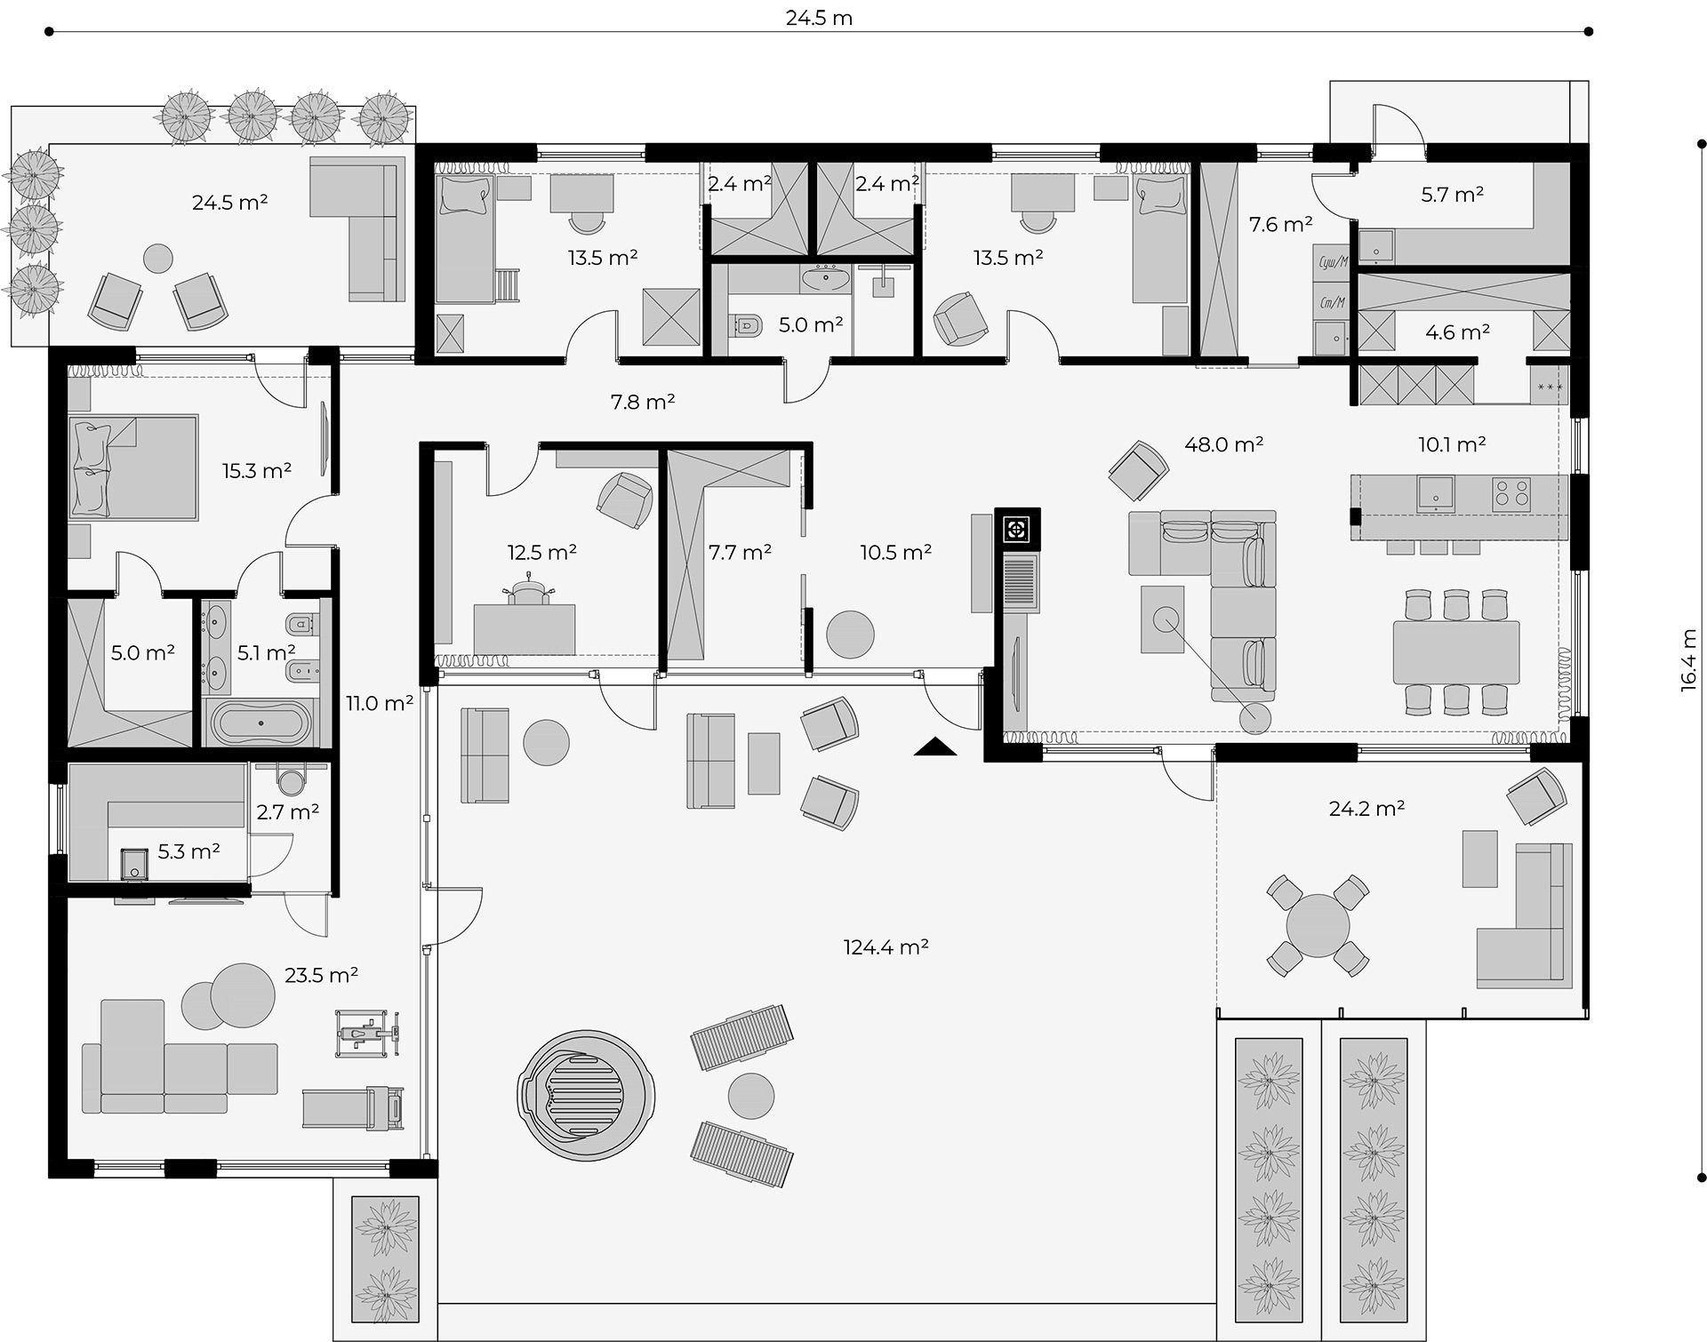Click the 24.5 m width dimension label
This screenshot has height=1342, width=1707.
(819, 18)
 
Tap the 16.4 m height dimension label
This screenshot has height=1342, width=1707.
(1689, 660)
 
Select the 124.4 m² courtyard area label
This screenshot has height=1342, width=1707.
(886, 947)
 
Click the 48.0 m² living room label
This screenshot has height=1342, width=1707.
(1224, 443)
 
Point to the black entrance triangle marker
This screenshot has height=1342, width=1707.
(935, 747)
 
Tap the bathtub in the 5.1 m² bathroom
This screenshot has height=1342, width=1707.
(260, 723)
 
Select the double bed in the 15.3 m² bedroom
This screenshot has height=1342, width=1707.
(133, 467)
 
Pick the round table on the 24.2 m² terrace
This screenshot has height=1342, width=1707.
(1317, 925)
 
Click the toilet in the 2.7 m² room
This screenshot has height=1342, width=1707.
(290, 779)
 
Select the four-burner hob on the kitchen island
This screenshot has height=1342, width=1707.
(1511, 493)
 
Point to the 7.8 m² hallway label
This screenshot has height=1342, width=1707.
(643, 402)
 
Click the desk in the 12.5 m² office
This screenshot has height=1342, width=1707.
(525, 629)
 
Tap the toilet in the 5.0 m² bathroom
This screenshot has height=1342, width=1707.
(748, 326)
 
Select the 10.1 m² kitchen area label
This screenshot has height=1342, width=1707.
(1452, 443)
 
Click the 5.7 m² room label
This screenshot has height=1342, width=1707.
(1452, 194)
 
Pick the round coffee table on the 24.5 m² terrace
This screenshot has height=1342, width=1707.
(158, 259)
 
